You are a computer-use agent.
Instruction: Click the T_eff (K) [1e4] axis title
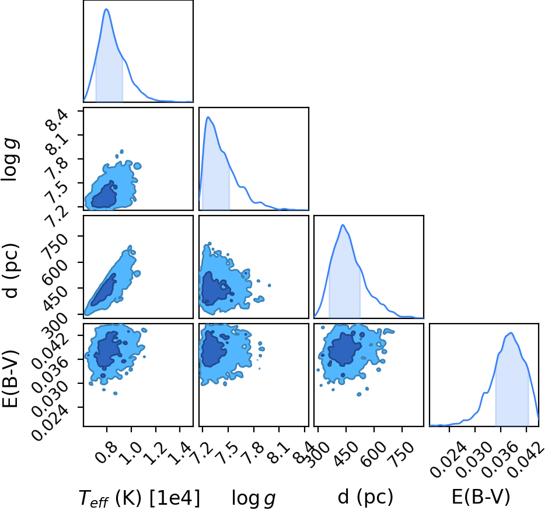(x=139, y=498)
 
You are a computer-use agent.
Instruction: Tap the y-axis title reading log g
(x=10, y=159)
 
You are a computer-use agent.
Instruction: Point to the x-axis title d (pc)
(x=365, y=497)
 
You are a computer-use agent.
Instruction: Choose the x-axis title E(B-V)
(x=481, y=497)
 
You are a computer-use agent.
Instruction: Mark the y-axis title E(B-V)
(x=10, y=379)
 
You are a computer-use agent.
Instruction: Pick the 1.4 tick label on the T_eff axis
(x=179, y=452)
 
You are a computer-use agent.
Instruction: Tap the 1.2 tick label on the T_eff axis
(x=155, y=452)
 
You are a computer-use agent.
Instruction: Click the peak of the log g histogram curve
(x=208, y=117)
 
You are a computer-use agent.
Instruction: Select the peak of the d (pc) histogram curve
(x=343, y=225)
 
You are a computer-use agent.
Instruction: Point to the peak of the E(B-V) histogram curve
(x=511, y=332)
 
